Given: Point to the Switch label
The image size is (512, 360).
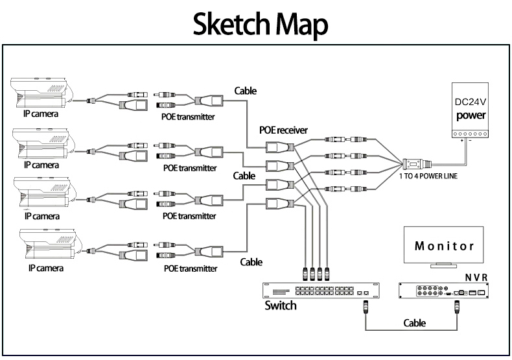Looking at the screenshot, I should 281,306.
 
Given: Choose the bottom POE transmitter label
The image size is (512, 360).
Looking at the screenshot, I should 189,267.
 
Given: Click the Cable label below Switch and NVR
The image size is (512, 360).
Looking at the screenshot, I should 415,322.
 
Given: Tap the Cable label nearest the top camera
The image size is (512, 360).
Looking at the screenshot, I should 244,91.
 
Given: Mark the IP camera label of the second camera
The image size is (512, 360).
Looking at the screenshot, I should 41,165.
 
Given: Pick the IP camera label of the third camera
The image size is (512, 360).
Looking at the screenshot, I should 41,215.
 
